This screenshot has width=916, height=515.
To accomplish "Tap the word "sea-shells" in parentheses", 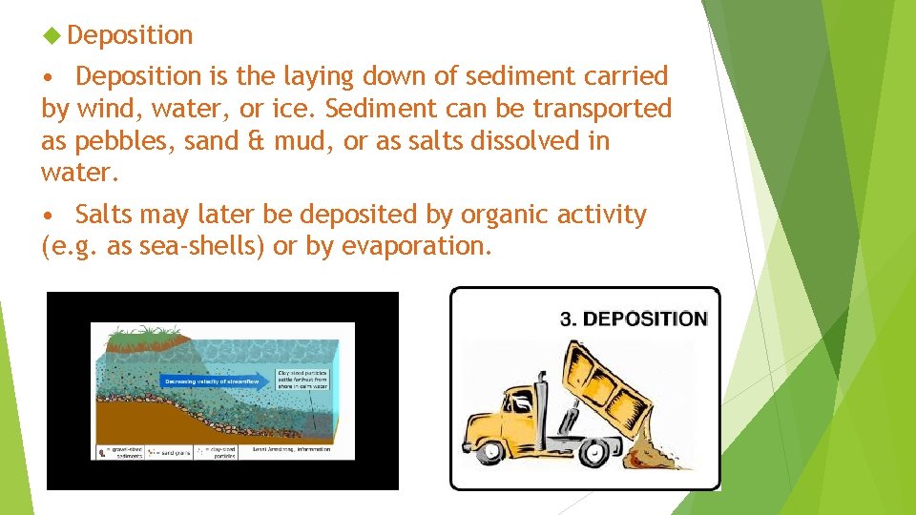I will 203,247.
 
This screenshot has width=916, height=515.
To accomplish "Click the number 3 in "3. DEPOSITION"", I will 566,319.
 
